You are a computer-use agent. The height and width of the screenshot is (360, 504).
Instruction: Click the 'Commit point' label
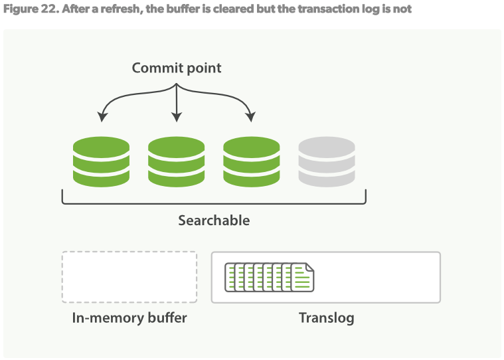click(x=176, y=68)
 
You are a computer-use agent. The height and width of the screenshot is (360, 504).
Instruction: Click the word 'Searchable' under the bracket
click(x=214, y=220)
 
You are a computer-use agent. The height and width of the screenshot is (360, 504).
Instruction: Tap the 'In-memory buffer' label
click(x=129, y=317)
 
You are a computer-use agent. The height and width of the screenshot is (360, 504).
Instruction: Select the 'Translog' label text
click(x=326, y=317)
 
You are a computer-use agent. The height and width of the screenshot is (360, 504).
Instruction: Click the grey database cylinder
click(x=326, y=161)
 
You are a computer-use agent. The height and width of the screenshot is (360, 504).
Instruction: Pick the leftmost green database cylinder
click(x=101, y=161)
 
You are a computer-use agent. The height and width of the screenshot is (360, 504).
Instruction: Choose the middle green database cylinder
click(x=176, y=161)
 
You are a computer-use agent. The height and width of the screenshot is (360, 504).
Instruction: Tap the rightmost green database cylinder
click(x=251, y=161)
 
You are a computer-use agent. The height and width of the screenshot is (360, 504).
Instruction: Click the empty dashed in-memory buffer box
click(x=129, y=277)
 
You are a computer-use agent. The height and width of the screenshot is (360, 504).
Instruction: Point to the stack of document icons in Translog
click(x=269, y=277)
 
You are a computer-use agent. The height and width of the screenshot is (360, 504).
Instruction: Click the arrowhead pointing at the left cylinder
click(x=102, y=118)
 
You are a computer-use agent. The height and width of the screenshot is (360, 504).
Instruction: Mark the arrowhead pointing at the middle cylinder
click(x=176, y=118)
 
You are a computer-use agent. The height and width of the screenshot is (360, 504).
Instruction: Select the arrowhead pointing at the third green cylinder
click(x=250, y=118)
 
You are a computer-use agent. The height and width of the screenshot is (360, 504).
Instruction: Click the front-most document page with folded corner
click(x=303, y=278)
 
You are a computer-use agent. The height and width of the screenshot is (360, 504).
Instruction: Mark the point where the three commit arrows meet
click(x=176, y=85)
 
